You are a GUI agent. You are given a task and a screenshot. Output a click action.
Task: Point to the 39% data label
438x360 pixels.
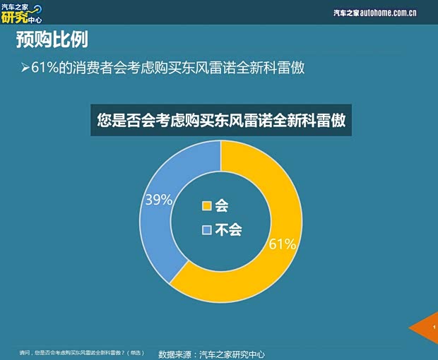(158, 200)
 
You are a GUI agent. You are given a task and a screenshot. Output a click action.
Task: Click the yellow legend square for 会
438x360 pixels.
(207, 206)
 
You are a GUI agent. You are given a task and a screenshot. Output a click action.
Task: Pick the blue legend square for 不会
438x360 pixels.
(207, 230)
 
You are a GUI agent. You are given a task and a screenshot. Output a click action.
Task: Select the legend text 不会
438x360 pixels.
(228, 230)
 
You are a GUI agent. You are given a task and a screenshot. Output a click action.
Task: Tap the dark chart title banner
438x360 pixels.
(221, 120)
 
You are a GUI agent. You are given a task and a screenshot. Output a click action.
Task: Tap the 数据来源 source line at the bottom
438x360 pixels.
(215, 354)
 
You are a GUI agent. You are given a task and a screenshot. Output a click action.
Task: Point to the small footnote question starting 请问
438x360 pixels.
(81, 352)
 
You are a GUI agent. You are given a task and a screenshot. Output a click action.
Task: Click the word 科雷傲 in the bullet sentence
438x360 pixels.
(293, 68)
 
